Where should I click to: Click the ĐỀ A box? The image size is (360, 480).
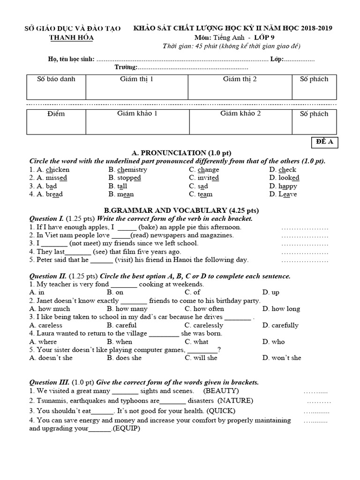[324, 143]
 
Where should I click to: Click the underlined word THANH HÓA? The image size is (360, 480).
[71, 37]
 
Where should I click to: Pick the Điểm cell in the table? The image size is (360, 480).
[56, 121]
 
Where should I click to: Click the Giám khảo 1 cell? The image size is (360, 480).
[137, 121]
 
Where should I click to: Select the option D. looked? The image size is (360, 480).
[284, 178]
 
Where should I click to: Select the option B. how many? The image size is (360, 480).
[127, 308]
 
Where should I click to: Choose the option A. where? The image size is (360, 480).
[43, 341]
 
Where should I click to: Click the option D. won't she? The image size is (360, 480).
[282, 358]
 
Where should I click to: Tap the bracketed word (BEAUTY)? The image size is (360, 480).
[221, 390]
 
